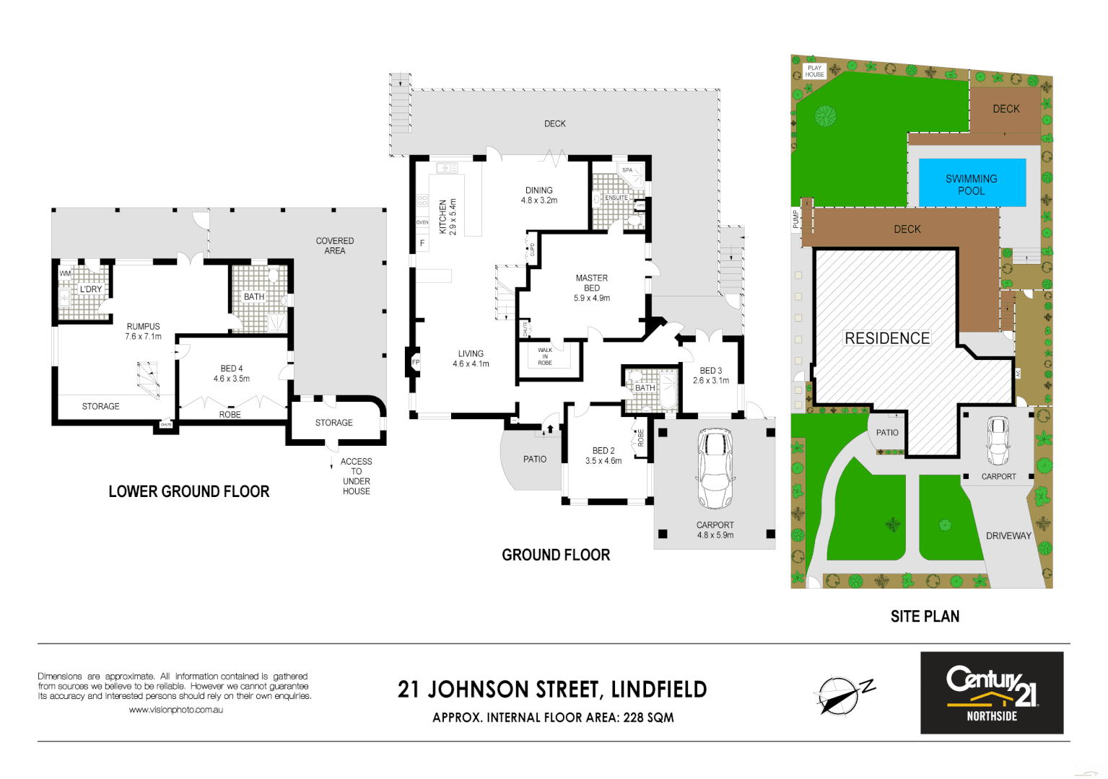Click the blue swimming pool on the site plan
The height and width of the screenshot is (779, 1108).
[972, 183]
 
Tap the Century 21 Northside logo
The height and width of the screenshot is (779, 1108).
[991, 692]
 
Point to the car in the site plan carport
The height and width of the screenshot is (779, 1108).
[998, 441]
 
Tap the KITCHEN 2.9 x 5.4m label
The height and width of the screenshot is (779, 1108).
[448, 217]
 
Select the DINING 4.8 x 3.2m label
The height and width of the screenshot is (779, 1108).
[539, 195]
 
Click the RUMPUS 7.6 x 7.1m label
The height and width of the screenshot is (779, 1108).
[143, 331]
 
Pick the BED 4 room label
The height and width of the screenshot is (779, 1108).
[232, 374]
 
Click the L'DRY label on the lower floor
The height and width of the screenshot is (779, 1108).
[91, 289]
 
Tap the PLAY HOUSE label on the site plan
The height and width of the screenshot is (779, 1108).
[815, 71]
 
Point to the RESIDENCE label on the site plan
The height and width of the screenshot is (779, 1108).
[887, 338]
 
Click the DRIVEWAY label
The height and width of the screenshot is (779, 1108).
[1008, 536]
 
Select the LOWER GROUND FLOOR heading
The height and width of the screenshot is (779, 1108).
[189, 492]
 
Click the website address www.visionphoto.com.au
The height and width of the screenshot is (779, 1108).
[175, 710]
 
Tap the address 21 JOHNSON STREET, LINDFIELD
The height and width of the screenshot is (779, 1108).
[552, 690]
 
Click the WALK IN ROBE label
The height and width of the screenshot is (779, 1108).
[545, 356]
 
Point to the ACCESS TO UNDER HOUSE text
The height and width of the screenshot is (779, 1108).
[356, 476]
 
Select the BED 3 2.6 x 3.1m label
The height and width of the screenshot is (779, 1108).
[711, 375]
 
